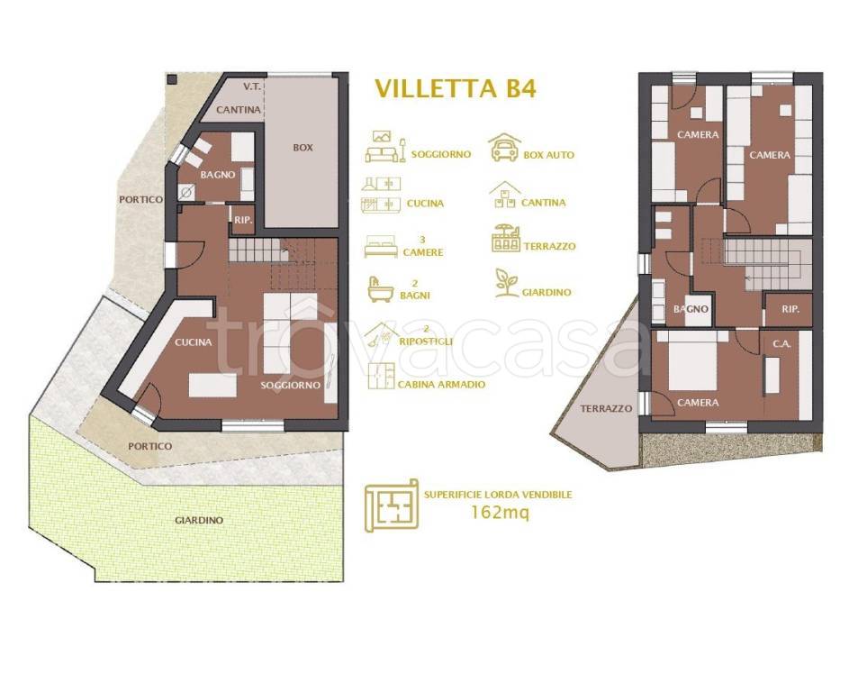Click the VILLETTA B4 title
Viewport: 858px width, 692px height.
456,88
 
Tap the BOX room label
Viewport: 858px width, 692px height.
303,148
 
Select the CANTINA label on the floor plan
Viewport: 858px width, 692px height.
239,110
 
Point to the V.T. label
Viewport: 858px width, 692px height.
251,86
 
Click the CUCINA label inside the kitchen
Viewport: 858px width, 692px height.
194,342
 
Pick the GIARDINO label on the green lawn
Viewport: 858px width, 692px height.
199,520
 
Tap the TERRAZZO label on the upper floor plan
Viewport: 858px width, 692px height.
606,408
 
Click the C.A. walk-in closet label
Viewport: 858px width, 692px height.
781,344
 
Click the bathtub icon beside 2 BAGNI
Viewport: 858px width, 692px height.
381,289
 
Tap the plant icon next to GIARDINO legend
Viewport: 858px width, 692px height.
506,283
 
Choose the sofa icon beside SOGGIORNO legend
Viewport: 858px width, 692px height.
384,148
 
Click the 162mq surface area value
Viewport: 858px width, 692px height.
500,513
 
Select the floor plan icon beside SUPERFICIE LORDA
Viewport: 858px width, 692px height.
392,505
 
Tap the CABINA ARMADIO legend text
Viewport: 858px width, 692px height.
441,385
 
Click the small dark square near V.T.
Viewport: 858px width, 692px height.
172,78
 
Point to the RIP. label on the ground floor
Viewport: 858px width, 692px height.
243,221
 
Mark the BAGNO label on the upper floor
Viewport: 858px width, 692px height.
691,309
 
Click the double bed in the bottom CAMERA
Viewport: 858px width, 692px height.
692,360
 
